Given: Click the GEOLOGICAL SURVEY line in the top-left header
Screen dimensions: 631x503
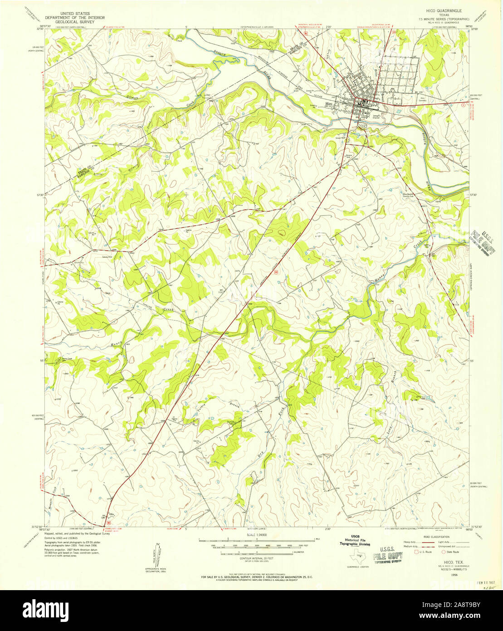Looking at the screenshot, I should [74, 21].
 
